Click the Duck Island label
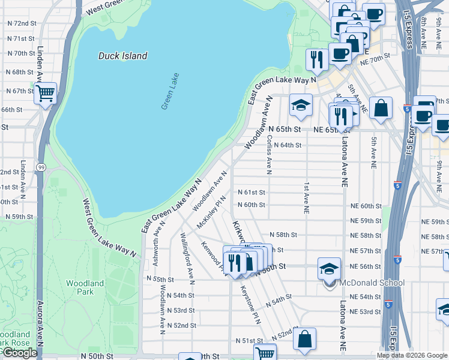(122, 56)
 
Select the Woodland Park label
(80, 287)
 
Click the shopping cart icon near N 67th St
(45, 94)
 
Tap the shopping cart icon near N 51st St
(264, 353)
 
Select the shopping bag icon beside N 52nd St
(305, 338)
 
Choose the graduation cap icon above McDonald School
(329, 268)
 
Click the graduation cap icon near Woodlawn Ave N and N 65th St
(301, 104)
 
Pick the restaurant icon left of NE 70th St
(316, 59)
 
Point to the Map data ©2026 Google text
(411, 355)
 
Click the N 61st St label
(251, 192)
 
